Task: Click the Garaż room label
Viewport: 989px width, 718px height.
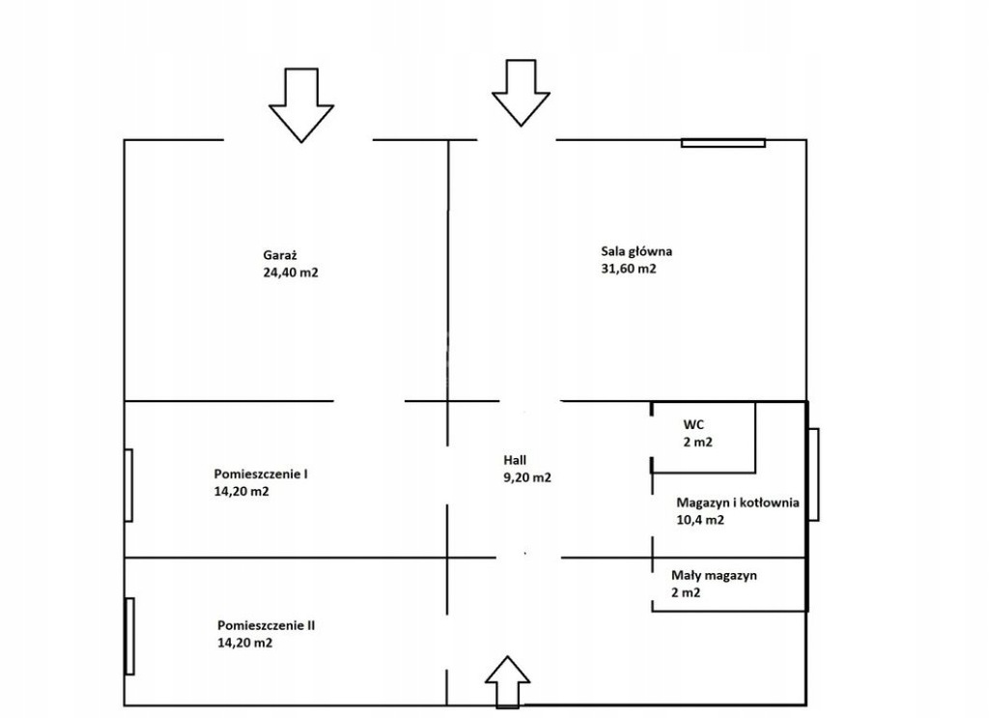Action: click(280, 255)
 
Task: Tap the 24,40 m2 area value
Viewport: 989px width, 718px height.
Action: click(291, 273)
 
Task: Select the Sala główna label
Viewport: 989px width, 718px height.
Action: click(636, 252)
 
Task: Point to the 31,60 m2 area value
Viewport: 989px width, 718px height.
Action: click(628, 269)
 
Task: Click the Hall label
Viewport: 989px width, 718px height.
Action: click(515, 461)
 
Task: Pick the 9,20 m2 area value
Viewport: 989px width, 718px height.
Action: click(526, 477)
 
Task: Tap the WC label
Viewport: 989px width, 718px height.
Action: click(693, 424)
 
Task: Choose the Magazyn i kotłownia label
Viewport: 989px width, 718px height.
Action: click(737, 503)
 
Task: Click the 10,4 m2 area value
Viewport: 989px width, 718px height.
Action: click(700, 520)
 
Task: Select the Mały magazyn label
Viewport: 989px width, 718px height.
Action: click(714, 575)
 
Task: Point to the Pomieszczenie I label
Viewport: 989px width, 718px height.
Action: click(261, 474)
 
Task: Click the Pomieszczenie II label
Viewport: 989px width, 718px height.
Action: click(267, 626)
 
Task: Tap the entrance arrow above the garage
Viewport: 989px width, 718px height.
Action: click(301, 104)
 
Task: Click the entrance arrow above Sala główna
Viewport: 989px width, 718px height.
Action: click(521, 93)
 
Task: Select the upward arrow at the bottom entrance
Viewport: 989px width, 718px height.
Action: click(508, 680)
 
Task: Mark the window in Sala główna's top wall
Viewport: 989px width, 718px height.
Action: click(722, 143)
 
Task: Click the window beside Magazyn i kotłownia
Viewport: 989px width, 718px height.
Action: click(813, 474)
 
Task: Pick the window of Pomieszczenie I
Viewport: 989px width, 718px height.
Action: click(128, 485)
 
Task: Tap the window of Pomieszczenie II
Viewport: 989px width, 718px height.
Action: click(130, 636)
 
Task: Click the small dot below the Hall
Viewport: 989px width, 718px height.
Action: click(525, 554)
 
